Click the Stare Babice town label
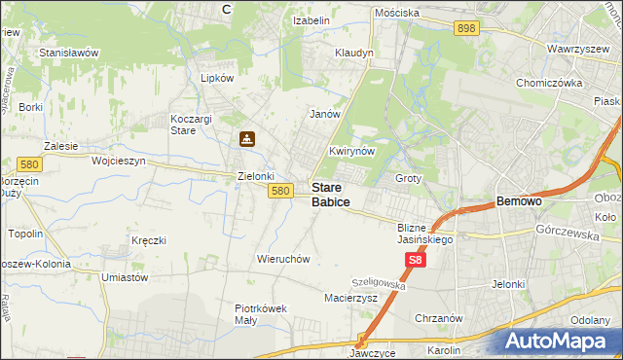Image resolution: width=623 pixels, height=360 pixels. (331, 194)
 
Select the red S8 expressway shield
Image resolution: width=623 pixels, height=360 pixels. (416, 261)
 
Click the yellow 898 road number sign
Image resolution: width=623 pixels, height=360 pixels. (465, 29)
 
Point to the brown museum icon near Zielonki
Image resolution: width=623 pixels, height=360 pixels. (247, 139)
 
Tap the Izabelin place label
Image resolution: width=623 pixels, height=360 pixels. (312, 19)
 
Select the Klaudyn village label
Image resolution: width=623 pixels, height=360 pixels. (353, 53)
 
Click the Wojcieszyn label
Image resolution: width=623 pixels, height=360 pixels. (118, 161)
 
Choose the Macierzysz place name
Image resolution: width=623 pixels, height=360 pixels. (350, 298)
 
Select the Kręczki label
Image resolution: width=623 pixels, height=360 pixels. (149, 240)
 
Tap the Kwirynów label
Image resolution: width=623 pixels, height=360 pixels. (352, 153)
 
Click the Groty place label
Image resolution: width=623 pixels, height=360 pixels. (408, 179)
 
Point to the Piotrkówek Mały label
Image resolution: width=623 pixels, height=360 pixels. (261, 314)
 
